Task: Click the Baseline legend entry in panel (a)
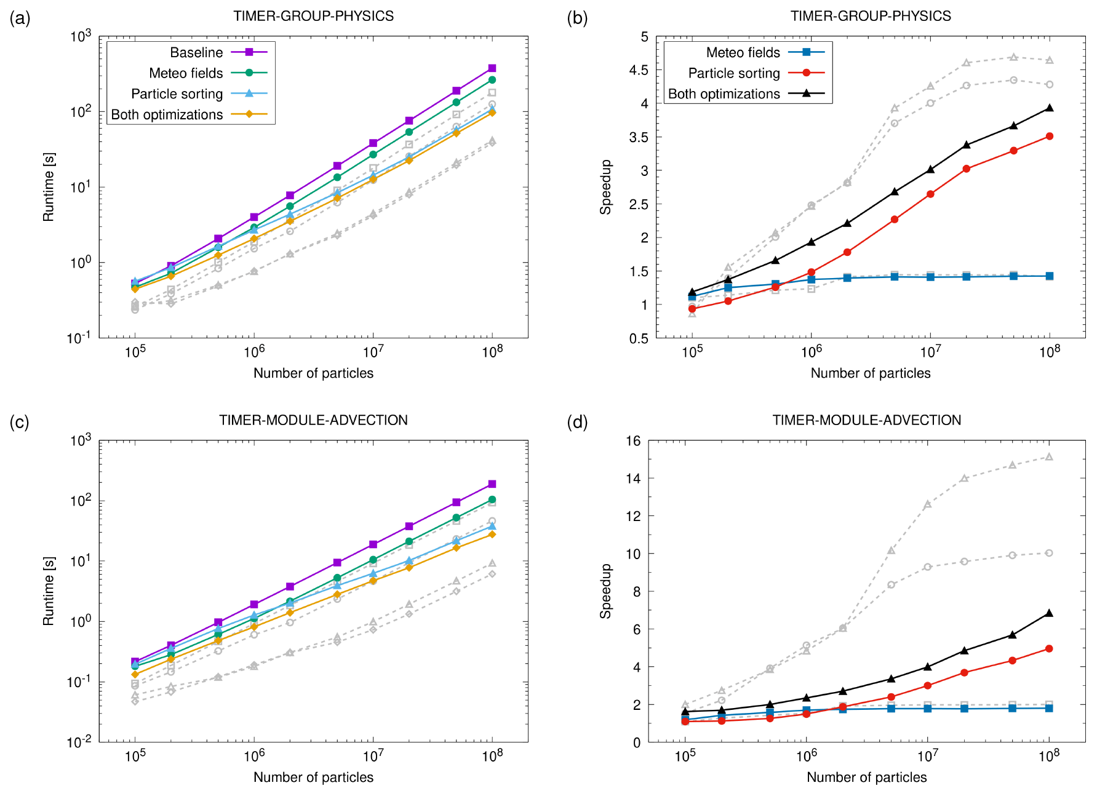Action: [x=196, y=52]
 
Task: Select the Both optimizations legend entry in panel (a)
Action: [x=167, y=114]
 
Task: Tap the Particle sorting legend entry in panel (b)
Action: [x=734, y=73]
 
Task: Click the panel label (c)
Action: [x=20, y=422]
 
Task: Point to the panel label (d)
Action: [x=577, y=422]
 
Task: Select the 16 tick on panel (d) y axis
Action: [x=633, y=440]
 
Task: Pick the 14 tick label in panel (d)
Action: [x=633, y=478]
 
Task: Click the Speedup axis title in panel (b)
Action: [x=606, y=187]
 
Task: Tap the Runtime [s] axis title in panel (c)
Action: [x=49, y=591]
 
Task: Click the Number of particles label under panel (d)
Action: [x=866, y=777]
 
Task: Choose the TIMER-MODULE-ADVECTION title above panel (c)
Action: [x=313, y=420]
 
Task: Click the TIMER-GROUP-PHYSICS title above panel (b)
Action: [x=871, y=16]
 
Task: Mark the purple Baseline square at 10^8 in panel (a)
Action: [x=492, y=68]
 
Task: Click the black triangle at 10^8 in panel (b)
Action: [x=1050, y=108]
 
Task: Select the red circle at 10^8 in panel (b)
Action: [x=1050, y=137]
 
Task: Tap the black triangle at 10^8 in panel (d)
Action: [x=1049, y=613]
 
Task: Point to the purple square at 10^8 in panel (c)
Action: [x=492, y=484]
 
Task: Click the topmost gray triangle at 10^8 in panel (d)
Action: [x=1049, y=457]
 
